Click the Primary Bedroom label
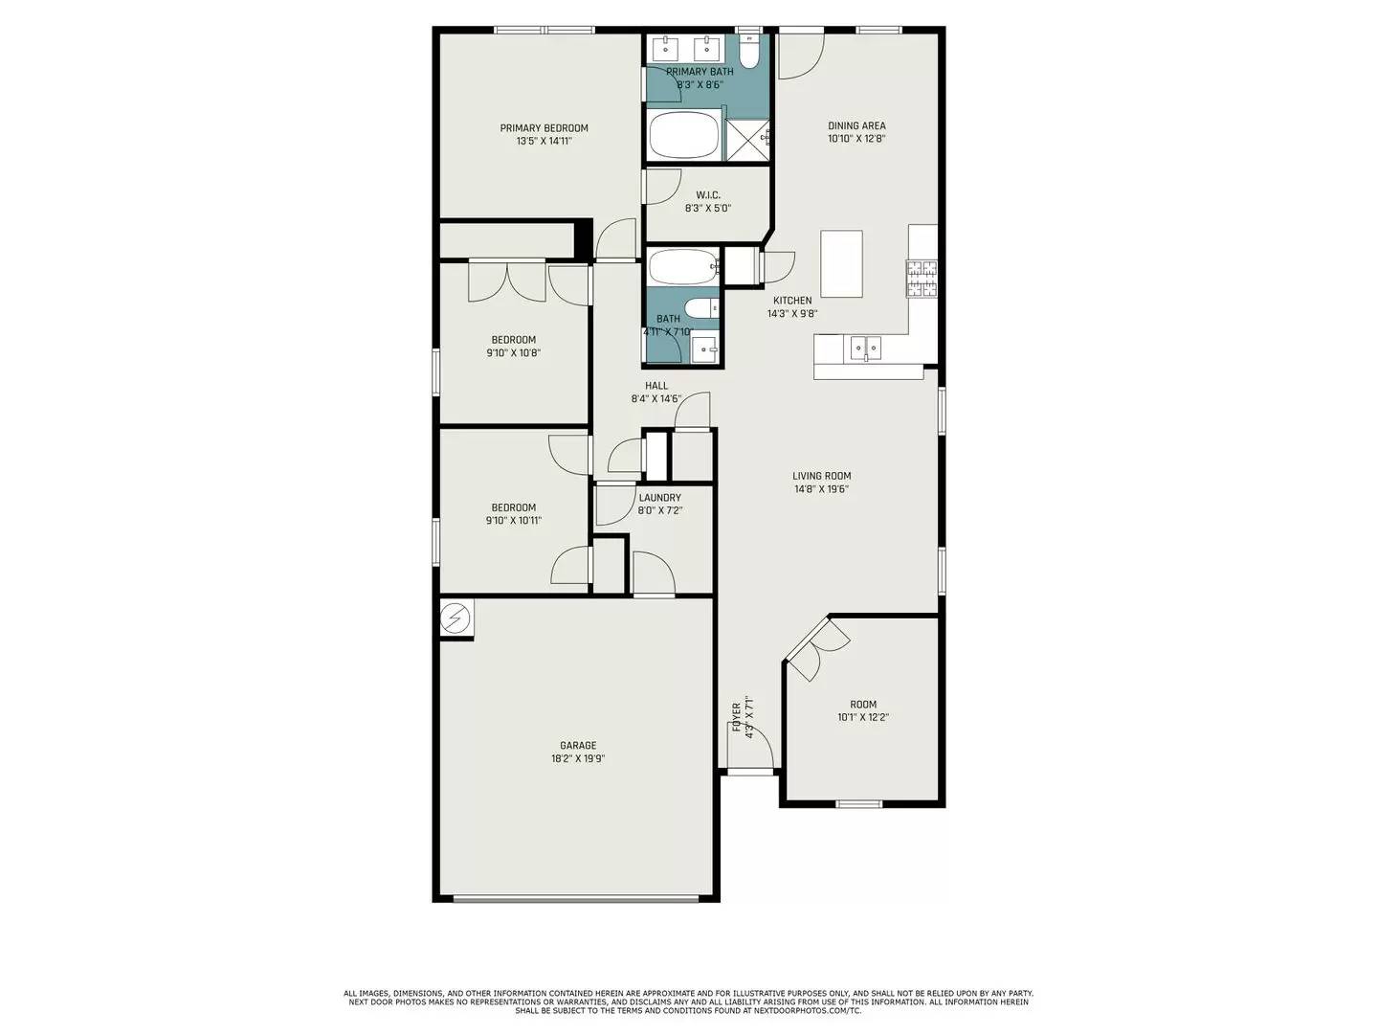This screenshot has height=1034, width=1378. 544,128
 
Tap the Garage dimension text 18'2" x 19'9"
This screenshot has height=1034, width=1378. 578,758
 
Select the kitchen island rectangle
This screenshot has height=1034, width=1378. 841,263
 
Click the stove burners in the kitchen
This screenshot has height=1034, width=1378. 922,279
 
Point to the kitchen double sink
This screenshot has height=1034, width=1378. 866,348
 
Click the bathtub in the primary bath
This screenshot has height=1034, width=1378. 683,135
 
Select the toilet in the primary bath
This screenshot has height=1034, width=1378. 749,54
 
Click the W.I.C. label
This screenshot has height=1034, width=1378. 708,195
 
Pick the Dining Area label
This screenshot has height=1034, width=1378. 856,125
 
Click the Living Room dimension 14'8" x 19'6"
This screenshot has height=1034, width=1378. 821,489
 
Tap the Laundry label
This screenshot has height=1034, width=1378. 659,498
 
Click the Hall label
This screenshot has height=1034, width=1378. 656,386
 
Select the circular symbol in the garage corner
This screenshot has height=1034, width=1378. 456,618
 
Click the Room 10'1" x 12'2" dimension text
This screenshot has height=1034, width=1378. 863,717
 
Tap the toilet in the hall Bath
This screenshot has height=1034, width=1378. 701,308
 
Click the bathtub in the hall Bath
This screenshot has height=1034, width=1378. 681,266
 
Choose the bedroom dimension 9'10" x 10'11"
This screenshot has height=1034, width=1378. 514,521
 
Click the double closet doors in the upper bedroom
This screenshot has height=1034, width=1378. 507,281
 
